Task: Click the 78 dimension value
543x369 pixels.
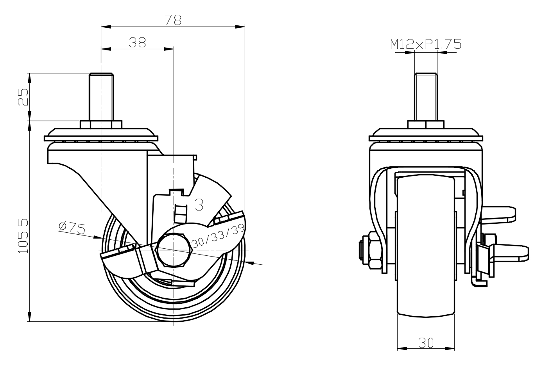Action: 173,20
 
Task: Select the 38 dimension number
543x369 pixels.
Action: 137,43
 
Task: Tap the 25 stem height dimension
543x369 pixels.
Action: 23,97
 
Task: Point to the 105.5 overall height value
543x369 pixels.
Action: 23,236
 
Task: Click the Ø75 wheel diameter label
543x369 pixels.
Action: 72,228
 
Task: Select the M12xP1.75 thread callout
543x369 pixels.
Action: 426,44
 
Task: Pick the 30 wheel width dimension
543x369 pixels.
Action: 426,343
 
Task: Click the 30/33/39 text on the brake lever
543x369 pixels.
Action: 218,237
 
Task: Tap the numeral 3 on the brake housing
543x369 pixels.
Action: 199,205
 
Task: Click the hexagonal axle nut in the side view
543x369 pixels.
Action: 174,250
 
